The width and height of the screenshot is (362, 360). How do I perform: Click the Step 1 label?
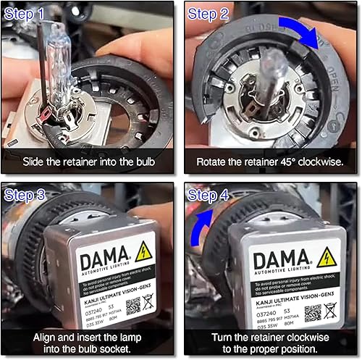pos(29,14)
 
